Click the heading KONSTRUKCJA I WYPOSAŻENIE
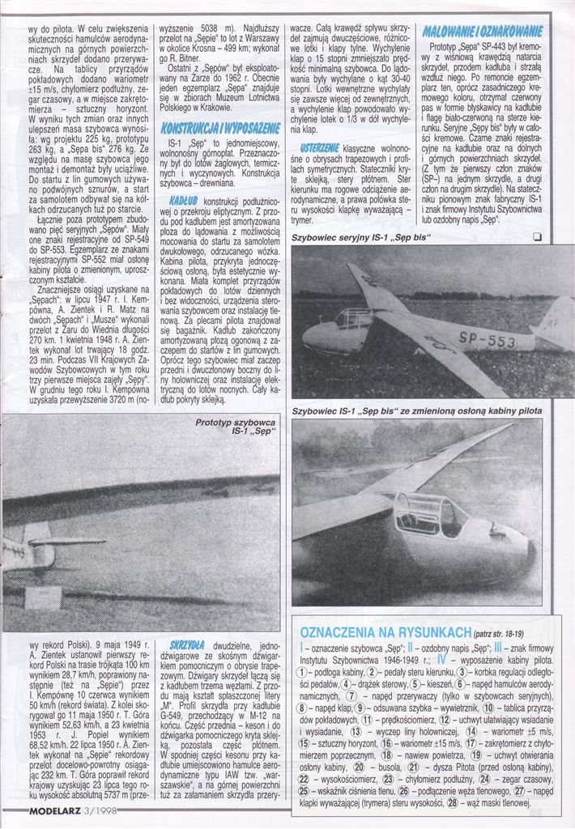tap(220, 129)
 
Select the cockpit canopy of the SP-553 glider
tap(354, 317)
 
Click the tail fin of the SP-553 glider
tap(557, 320)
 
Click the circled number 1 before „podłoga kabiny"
tap(304, 672)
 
